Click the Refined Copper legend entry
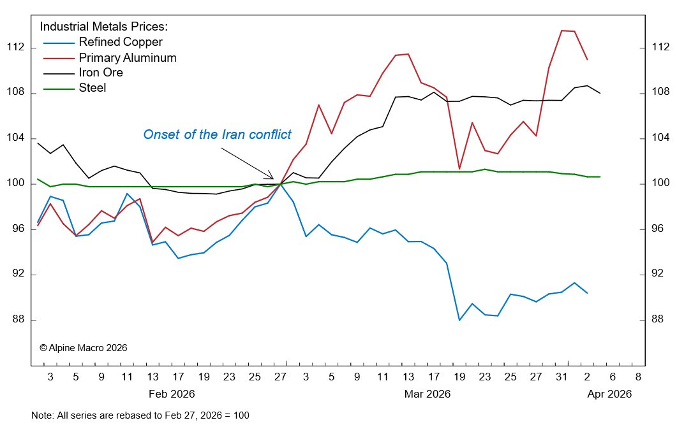click(x=121, y=43)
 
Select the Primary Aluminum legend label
click(x=128, y=58)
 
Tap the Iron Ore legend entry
click(x=101, y=73)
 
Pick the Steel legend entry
click(x=93, y=88)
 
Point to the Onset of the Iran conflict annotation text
click(x=217, y=134)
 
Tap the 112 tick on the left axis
click(x=15, y=48)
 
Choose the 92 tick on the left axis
click(x=15, y=275)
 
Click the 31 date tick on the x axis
click(x=562, y=377)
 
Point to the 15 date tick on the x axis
click(x=408, y=377)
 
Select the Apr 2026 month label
click(x=609, y=394)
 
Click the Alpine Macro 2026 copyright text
click(x=83, y=348)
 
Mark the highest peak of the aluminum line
click(x=562, y=31)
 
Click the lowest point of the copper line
click(x=459, y=320)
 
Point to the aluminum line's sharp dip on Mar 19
click(x=459, y=169)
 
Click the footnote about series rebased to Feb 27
click(x=140, y=415)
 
